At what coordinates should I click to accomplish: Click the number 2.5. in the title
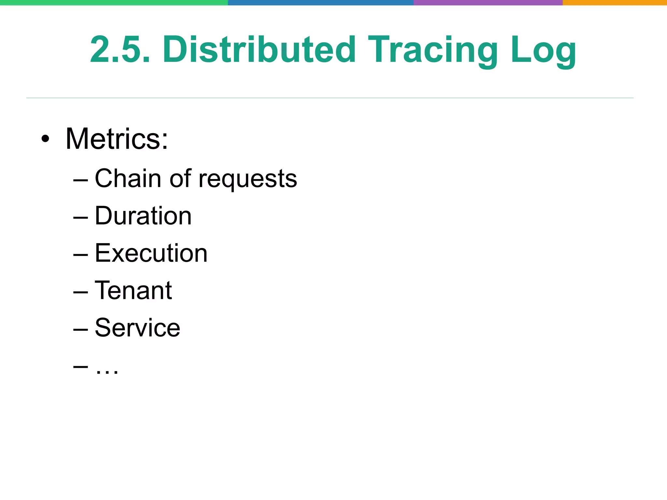tap(120, 50)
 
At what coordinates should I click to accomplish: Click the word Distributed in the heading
tap(259, 50)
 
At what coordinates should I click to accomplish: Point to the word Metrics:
tap(117, 139)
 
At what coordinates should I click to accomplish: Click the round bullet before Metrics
tap(45, 139)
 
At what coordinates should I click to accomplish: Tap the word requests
tap(248, 180)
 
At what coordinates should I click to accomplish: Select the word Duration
tap(143, 216)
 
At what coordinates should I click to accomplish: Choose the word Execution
tap(151, 253)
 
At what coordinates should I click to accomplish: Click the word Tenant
tap(133, 290)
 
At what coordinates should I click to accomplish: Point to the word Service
tap(137, 328)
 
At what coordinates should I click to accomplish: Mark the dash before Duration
tap(80, 217)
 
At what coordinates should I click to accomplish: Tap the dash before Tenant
tap(80, 291)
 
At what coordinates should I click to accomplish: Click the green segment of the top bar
tap(114, 3)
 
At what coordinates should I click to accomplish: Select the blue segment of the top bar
tap(321, 3)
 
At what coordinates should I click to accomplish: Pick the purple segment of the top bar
tap(488, 3)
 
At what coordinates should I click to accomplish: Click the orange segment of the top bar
tap(615, 3)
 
